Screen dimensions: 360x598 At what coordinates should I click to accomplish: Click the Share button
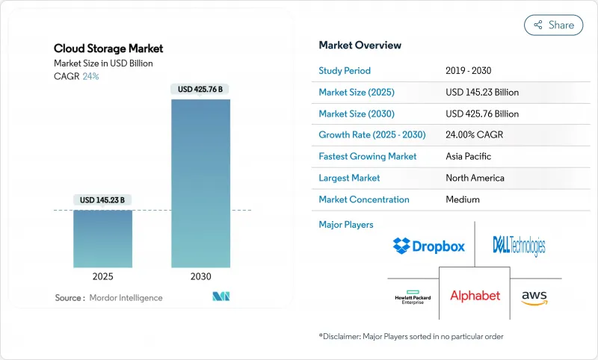coord(554,25)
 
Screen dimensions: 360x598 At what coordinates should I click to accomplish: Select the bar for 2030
coord(200,183)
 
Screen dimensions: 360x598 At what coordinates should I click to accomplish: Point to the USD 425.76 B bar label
coord(200,90)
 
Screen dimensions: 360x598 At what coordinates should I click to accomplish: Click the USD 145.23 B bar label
coord(103,199)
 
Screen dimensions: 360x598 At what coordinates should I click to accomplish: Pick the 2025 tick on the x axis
coord(103,276)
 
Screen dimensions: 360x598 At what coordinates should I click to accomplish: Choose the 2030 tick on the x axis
coord(200,276)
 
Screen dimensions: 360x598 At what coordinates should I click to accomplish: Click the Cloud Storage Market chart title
coord(108,49)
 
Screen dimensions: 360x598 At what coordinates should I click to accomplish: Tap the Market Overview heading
coord(360,46)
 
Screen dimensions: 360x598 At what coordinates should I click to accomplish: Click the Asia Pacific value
coord(469,157)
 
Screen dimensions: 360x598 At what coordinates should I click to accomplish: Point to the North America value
coord(475,178)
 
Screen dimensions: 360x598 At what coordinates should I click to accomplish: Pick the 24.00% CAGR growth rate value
coord(478,135)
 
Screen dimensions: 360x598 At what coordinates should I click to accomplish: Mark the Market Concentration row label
coord(364,199)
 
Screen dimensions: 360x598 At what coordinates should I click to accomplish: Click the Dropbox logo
coord(428,245)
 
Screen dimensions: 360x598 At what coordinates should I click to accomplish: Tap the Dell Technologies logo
coord(519,245)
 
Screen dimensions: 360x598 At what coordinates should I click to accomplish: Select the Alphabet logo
coord(475,296)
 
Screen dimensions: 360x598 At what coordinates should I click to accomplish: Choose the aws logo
coord(534,297)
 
